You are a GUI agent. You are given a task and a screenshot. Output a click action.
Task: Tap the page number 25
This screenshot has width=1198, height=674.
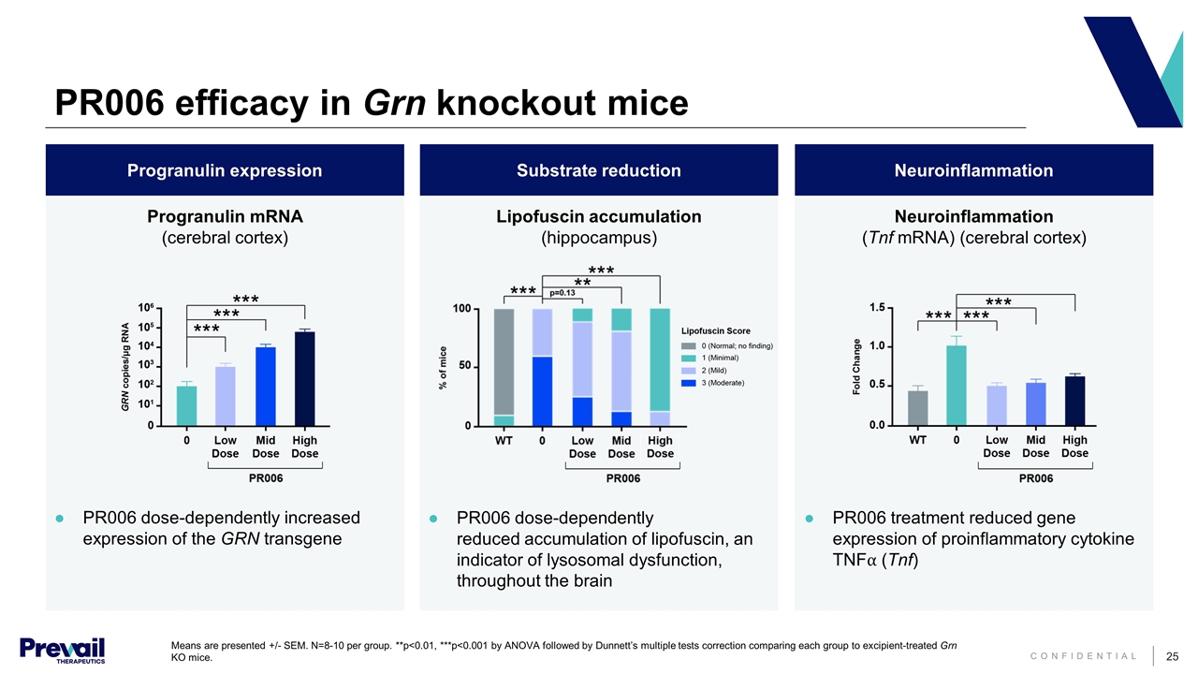click(1170, 656)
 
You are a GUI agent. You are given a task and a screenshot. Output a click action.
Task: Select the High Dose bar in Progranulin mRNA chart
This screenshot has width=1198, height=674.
click(304, 378)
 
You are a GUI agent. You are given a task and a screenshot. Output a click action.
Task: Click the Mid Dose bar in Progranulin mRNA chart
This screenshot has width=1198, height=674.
click(266, 386)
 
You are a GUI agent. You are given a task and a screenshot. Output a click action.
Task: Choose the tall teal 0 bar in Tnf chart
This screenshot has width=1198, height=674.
click(957, 385)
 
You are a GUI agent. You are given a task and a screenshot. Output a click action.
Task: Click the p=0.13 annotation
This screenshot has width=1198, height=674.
click(562, 293)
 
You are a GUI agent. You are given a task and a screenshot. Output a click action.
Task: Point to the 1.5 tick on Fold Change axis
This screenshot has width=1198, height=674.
click(878, 307)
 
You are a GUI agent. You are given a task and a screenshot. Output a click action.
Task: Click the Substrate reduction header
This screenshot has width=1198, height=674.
click(599, 170)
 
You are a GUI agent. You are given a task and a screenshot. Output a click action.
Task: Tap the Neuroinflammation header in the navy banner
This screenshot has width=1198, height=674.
click(973, 170)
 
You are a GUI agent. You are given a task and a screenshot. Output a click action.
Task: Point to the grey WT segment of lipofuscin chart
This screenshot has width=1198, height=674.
click(504, 361)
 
